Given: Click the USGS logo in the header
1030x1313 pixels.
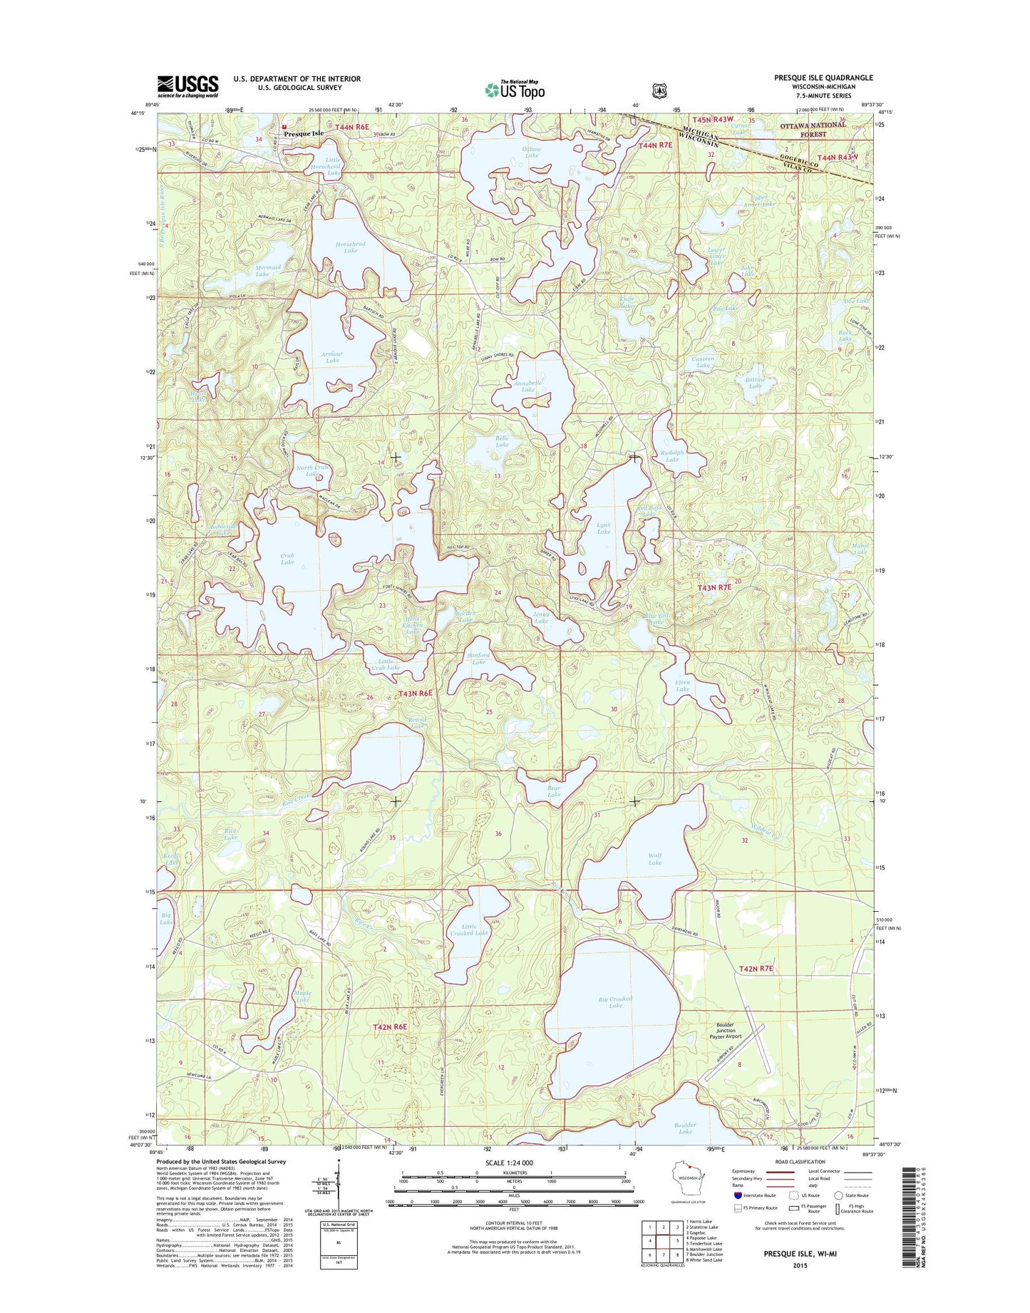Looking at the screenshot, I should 187,86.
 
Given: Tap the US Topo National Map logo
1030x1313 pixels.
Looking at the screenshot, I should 515,90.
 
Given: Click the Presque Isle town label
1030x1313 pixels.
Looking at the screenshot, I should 304,133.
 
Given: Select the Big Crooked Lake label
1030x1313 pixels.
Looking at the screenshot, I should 615,1002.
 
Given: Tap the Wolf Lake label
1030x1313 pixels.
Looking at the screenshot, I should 654,859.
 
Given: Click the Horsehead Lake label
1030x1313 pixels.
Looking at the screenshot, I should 350,247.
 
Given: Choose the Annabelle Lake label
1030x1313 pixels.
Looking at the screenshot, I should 527,386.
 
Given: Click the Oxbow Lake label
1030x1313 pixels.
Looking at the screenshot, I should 532,152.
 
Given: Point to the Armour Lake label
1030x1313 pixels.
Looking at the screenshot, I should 332,357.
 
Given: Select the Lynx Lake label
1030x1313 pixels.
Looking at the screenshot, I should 603,528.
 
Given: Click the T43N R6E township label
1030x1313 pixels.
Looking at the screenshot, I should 415,693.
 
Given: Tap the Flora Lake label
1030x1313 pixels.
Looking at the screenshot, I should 682,686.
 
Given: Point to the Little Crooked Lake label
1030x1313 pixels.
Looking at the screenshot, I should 469,930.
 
